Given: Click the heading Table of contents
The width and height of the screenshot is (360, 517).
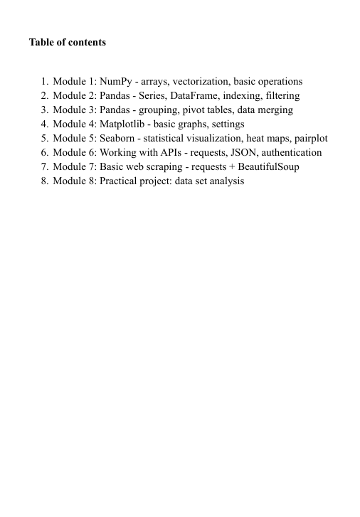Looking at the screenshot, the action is pos(67,43).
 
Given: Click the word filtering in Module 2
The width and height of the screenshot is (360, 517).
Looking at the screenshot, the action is pos(280,96).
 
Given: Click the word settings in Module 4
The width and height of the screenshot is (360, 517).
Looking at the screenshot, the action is pos(226,124).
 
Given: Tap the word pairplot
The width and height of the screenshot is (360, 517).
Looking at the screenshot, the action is pos(309,139).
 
